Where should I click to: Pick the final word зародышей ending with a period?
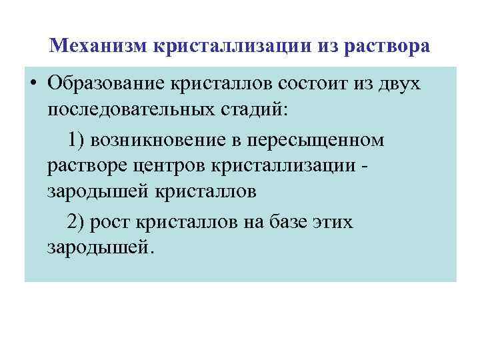click(x=100, y=247)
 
